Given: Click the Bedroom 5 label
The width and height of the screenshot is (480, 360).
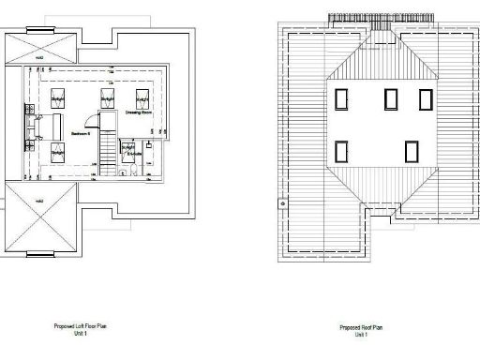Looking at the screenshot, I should [x=79, y=133].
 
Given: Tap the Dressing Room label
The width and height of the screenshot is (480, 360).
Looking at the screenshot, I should [x=139, y=112].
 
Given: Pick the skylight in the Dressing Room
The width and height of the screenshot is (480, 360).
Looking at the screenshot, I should [x=143, y=98].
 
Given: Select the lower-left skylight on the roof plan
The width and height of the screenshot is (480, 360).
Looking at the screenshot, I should [x=342, y=150].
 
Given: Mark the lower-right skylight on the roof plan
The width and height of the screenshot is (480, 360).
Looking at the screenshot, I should [x=411, y=150].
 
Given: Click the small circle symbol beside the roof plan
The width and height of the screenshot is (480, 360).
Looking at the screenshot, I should [x=279, y=200].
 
